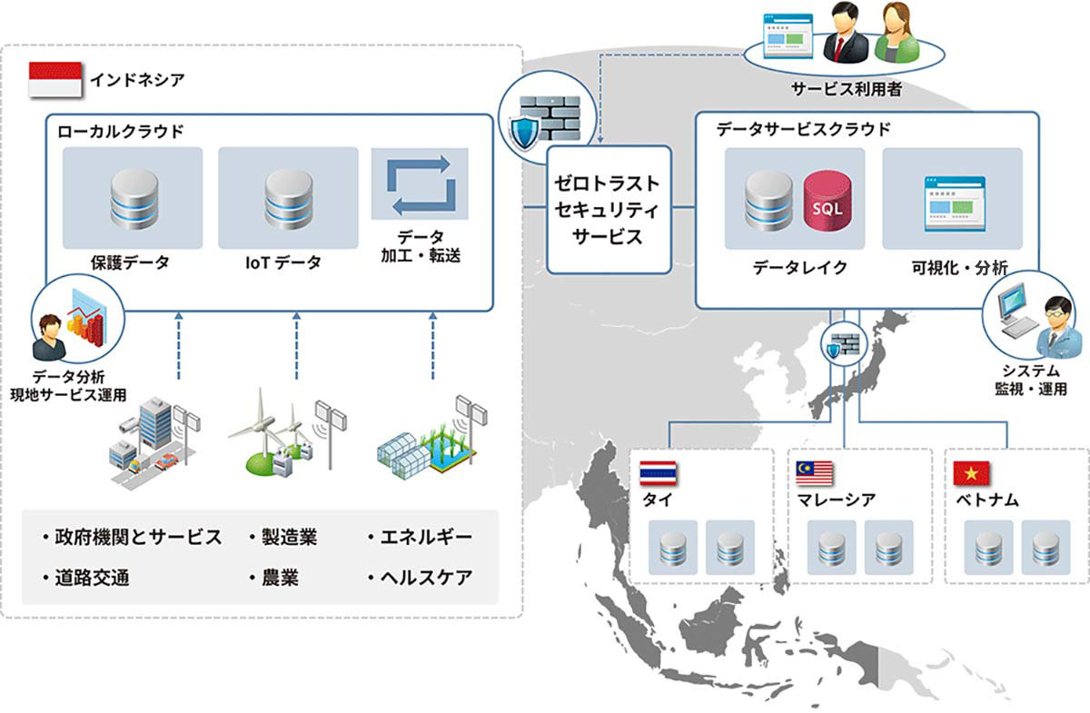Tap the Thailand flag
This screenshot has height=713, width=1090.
click(x=659, y=473)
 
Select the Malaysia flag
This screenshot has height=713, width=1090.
click(x=815, y=473)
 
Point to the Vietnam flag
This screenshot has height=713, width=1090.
click(x=973, y=473)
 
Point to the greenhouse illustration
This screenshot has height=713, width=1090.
click(x=424, y=441)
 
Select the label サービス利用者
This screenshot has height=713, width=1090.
click(x=833, y=89)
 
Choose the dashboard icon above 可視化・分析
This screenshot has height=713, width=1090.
click(x=952, y=201)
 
